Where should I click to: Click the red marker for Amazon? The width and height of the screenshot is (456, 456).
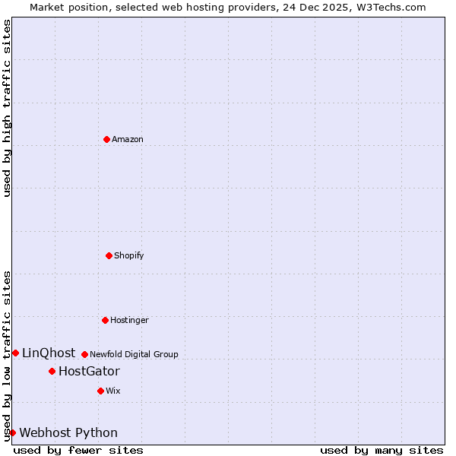106,139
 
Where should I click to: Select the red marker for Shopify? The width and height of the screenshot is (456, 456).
109,255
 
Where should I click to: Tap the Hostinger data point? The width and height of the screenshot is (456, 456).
105,320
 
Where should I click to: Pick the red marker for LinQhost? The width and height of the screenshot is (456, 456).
15,353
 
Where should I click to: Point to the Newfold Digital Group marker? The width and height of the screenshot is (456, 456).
84,354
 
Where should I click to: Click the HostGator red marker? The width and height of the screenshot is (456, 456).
52,371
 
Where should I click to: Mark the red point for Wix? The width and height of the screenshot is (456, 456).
100,391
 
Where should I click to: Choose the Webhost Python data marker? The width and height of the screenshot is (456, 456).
12,432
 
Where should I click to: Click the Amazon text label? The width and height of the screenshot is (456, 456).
128,139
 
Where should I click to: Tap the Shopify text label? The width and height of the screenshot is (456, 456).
129,255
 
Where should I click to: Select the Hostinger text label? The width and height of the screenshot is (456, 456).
129,320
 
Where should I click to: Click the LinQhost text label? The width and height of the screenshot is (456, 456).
49,353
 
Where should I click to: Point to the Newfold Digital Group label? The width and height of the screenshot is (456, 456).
134,354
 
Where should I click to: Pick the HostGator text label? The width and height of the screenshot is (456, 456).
89,371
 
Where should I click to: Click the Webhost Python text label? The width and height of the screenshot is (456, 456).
68,432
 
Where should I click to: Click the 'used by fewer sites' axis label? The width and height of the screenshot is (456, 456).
78,450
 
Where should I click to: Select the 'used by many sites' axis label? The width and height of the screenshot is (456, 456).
382,450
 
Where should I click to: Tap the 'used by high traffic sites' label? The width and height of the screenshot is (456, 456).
7,108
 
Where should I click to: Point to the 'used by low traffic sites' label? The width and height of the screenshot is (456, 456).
7,356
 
